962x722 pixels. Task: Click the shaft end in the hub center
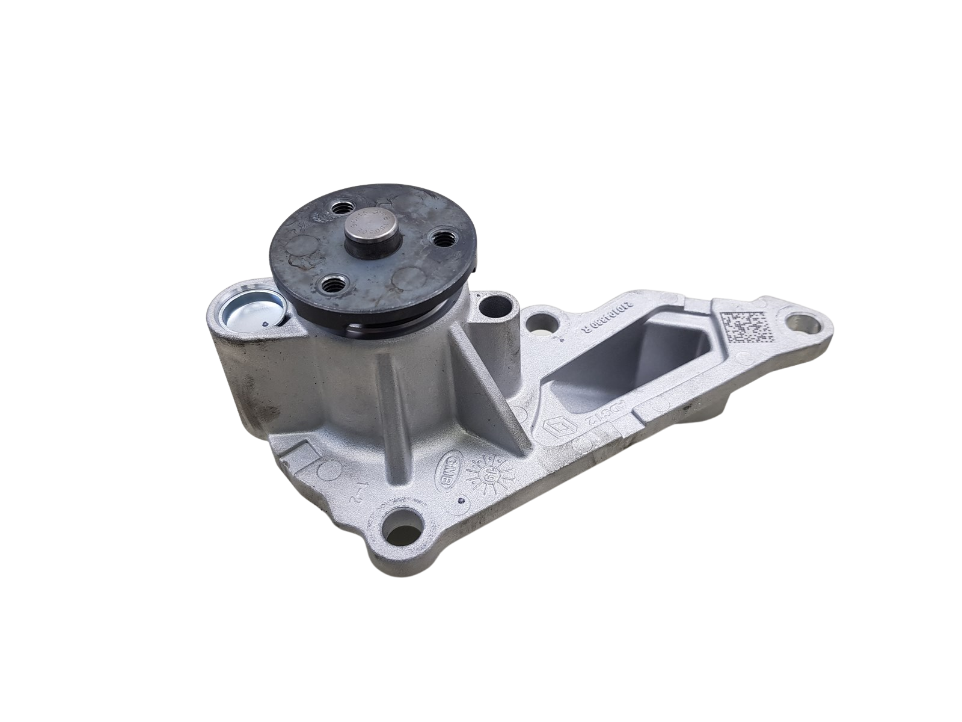pos(368,224)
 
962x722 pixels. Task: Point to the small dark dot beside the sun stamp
pos(460,499)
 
